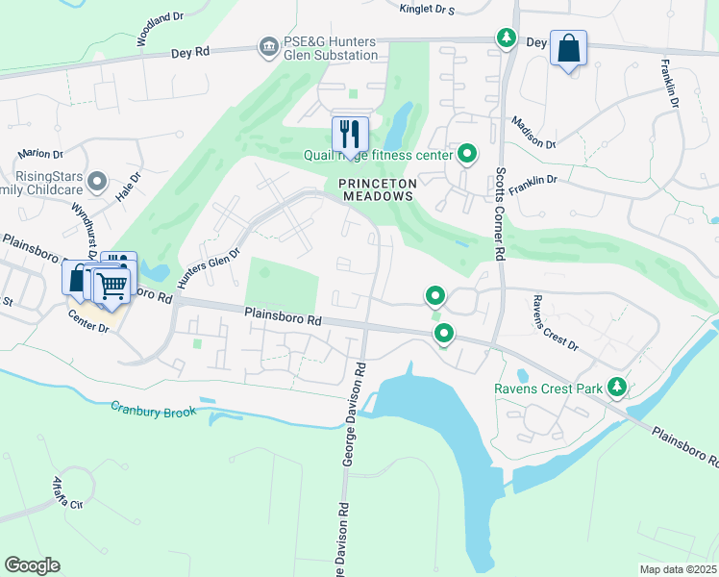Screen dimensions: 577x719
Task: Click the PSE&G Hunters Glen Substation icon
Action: [267, 46]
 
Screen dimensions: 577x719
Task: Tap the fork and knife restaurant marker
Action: [350, 133]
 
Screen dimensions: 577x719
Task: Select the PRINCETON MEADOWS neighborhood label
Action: [377, 188]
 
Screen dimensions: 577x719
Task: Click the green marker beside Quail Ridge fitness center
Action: [467, 153]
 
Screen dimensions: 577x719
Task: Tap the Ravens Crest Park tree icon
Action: [616, 389]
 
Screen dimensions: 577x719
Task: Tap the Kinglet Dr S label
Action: [426, 9]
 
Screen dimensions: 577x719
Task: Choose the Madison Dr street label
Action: [533, 133]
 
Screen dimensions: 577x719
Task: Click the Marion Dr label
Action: [39, 154]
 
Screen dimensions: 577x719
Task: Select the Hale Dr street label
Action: [128, 184]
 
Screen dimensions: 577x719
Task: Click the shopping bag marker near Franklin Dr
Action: [568, 48]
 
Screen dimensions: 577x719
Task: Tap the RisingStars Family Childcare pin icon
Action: [96, 181]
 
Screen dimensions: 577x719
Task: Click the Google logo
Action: [32, 565]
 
